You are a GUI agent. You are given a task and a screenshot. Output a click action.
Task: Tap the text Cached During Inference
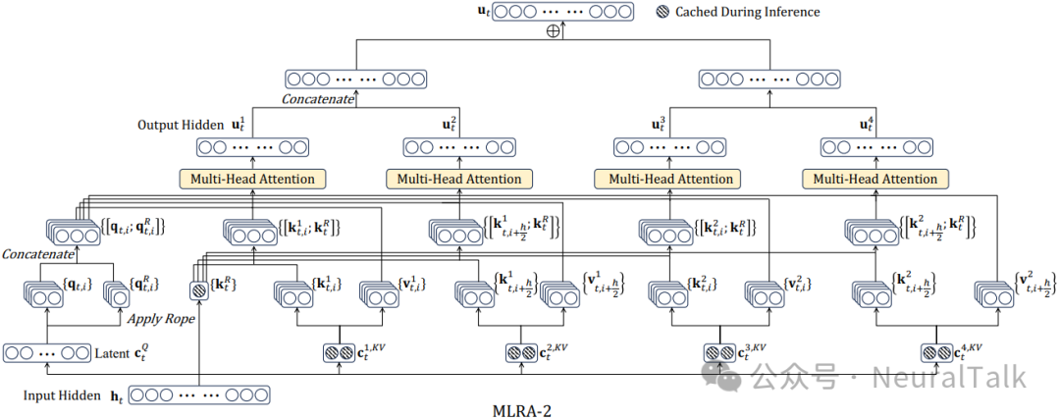pos(747,12)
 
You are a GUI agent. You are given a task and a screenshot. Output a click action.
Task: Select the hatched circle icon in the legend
pos(662,12)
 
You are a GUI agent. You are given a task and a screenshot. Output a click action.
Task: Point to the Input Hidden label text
pos(62,395)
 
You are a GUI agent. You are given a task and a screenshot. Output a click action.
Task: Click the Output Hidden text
pos(183,126)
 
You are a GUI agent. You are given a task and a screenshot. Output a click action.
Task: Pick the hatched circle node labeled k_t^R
pos(199,291)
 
